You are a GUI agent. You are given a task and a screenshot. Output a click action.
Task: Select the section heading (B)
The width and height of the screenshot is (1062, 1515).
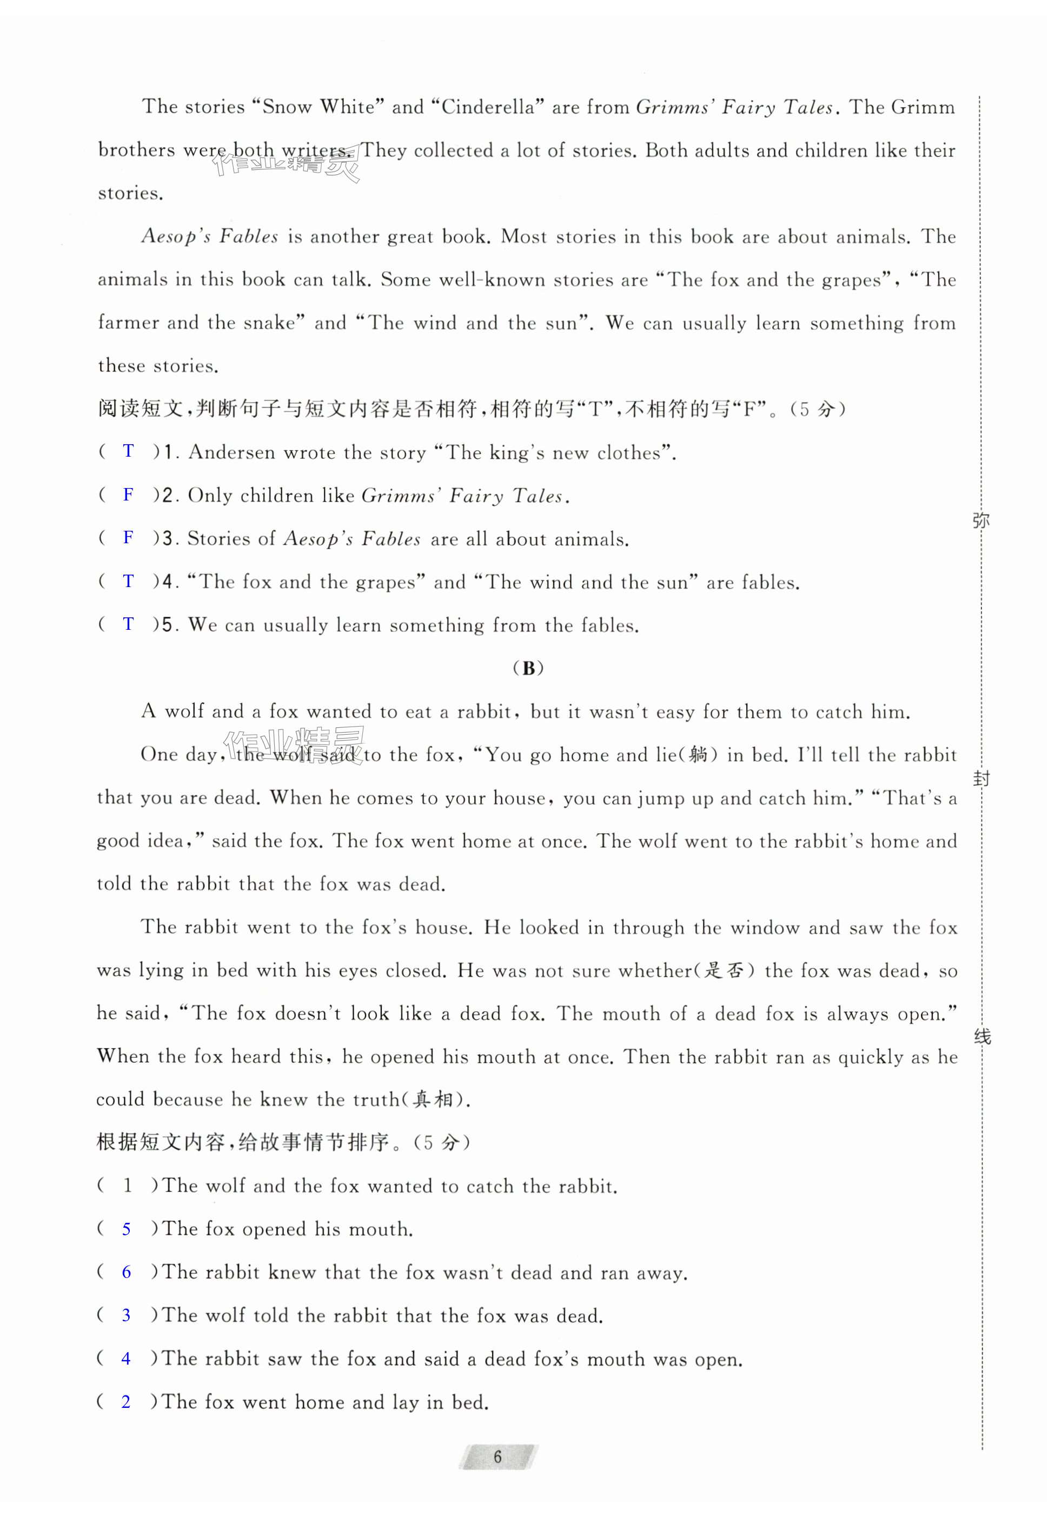528,668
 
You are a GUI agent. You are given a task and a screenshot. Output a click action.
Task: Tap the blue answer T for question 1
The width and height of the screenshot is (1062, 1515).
129,451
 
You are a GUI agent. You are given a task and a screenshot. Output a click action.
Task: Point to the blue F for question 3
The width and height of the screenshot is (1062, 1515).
129,537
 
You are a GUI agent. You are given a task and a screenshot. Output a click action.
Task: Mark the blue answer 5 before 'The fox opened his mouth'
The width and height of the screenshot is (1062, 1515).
127,1229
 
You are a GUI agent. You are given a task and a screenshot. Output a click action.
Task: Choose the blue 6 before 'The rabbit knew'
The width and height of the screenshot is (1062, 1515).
127,1272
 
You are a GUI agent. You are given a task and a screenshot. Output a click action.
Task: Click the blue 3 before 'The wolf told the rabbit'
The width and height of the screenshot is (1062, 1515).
127,1315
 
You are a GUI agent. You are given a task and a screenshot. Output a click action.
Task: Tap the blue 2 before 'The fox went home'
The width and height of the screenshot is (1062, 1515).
127,1401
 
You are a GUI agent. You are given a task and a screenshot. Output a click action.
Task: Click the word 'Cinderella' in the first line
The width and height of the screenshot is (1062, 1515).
487,107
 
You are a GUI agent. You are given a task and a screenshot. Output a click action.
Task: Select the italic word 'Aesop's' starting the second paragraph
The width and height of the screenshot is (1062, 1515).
175,236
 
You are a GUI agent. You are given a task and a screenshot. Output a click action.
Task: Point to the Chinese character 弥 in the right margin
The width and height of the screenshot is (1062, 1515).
981,521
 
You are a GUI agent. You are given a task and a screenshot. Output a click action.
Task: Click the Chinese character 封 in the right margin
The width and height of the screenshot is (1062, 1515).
981,779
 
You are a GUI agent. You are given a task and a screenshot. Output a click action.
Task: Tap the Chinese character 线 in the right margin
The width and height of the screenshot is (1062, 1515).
982,1037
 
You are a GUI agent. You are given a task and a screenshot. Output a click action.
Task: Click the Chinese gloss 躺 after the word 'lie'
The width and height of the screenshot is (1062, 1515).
698,755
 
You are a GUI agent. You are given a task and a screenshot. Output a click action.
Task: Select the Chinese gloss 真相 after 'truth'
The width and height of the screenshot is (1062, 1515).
433,1099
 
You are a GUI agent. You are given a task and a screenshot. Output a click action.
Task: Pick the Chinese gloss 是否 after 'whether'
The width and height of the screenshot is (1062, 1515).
724,971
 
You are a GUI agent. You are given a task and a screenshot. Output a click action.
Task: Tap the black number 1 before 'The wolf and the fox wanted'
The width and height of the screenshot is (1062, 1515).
127,1185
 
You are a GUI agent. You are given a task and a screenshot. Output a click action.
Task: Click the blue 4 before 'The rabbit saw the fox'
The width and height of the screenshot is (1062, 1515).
127,1358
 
